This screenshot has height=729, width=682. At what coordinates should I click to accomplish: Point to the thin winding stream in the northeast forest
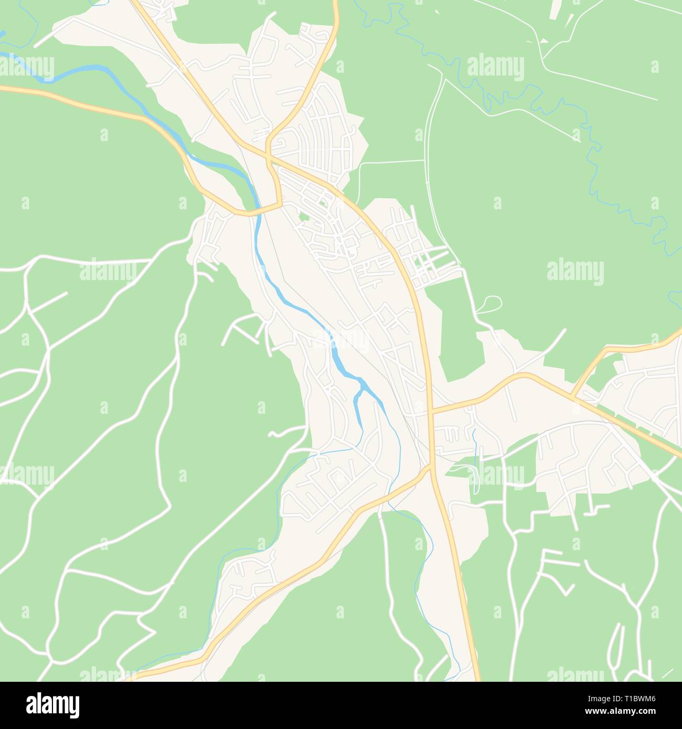pos(593,157)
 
